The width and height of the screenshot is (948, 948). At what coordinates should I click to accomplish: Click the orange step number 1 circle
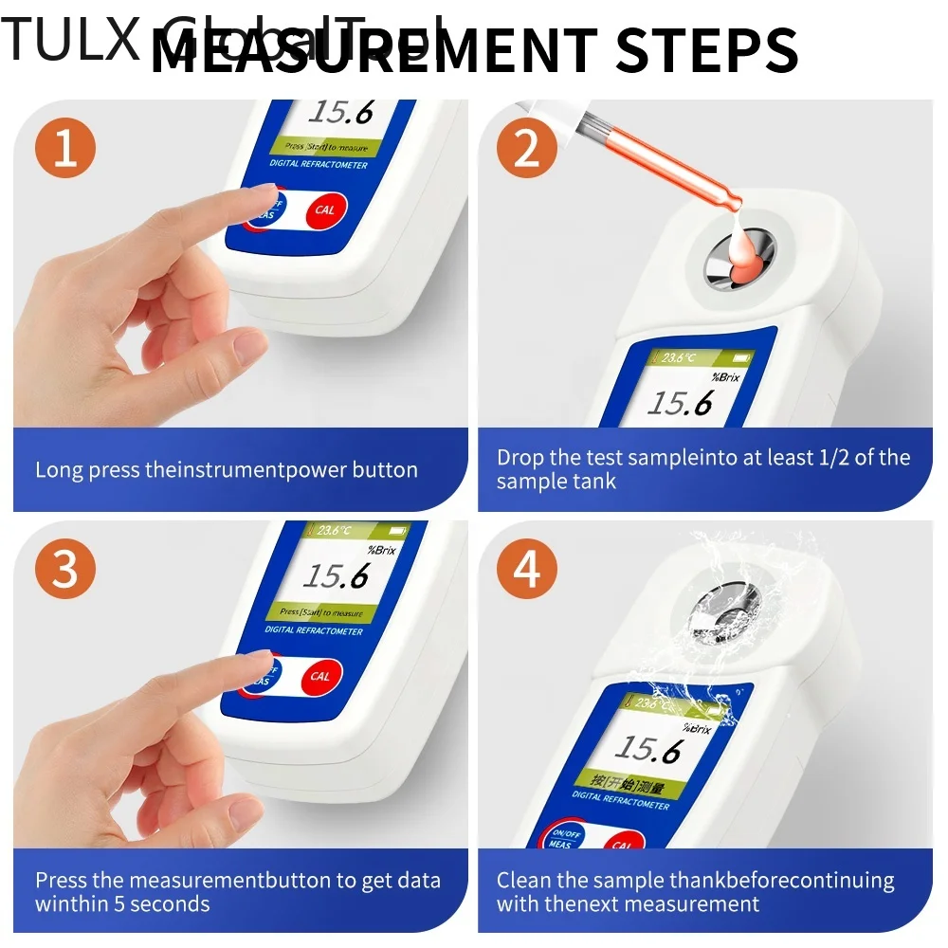[64, 151]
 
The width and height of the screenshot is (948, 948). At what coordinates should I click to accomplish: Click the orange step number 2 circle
[528, 151]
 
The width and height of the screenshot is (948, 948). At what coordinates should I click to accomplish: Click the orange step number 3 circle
[64, 572]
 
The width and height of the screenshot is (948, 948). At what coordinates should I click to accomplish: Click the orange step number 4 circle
[528, 572]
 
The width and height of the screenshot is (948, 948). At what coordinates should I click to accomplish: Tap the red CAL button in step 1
[324, 210]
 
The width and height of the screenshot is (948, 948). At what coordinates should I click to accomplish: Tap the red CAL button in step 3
[320, 676]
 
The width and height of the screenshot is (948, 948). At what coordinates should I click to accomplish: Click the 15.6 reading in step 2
[679, 403]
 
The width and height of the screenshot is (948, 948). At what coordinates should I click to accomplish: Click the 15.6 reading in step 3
[336, 574]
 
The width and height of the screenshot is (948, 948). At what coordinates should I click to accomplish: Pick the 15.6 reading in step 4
[647, 749]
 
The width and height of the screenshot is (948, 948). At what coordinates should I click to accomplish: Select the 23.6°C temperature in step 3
[336, 532]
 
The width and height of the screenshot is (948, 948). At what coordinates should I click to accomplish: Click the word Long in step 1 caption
[59, 469]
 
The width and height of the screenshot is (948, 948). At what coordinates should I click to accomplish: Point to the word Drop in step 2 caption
[520, 457]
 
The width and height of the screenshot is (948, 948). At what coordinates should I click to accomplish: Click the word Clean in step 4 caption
[523, 880]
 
